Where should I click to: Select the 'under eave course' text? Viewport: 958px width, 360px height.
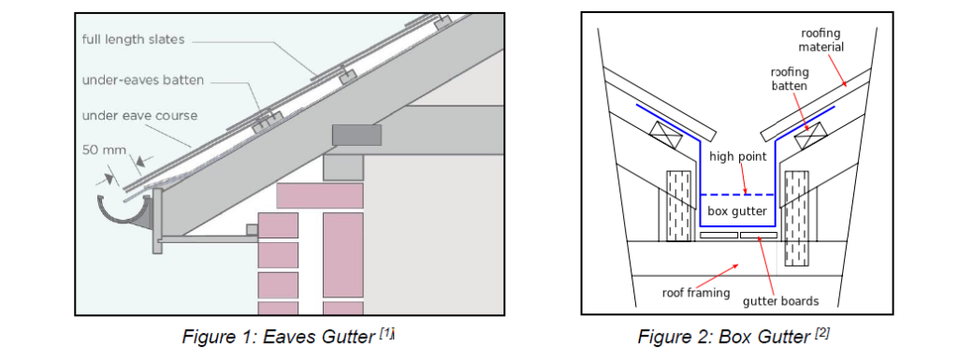point(138,116)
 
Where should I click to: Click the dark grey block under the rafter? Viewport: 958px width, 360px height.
point(356,135)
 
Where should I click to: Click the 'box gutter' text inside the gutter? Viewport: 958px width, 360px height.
point(736,211)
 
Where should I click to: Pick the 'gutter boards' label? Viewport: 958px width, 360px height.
point(780,300)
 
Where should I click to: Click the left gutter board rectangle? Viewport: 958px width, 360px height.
point(718,236)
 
